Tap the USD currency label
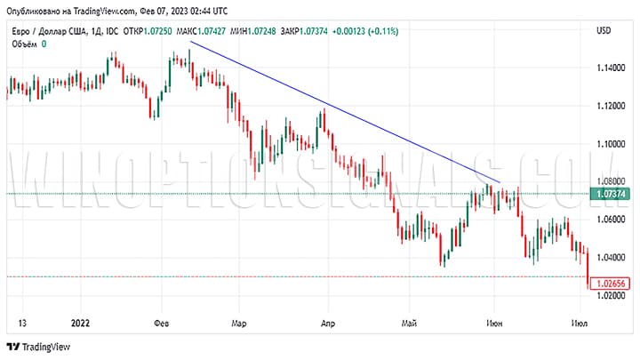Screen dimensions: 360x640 [x=602, y=31]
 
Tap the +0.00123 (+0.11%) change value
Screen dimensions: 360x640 [x=364, y=31]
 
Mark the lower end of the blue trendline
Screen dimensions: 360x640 [x=500, y=182]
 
